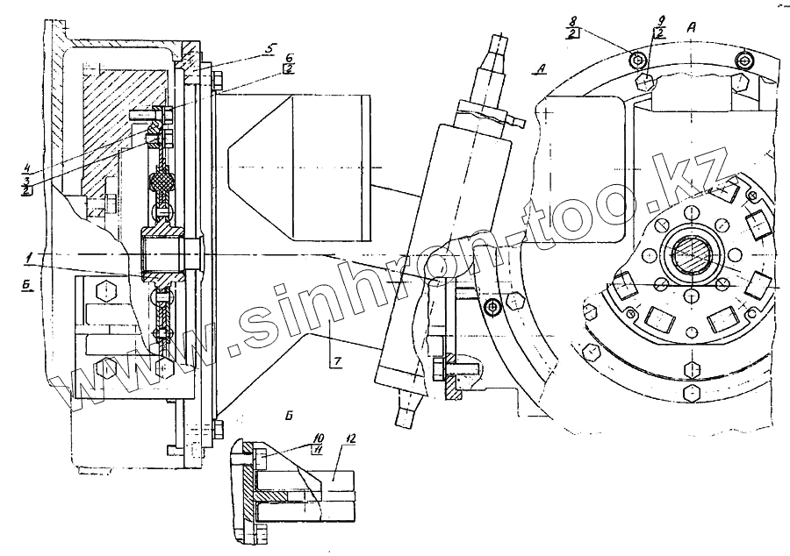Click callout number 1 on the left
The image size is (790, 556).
point(29,255)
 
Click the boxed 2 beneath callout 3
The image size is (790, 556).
point(28,190)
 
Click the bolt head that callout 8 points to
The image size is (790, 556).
point(638,59)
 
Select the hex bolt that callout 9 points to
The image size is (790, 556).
point(645,82)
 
